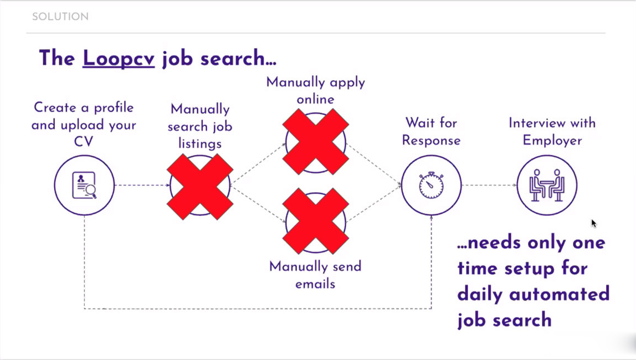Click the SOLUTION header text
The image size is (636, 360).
click(x=60, y=17)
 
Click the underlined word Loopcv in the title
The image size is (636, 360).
click(x=119, y=58)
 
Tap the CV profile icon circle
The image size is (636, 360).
click(x=84, y=185)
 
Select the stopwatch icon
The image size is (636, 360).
click(x=431, y=185)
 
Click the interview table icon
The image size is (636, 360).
click(x=547, y=185)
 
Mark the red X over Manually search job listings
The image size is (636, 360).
click(x=200, y=187)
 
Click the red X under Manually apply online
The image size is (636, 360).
click(x=315, y=142)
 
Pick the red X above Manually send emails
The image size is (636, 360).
click(x=315, y=221)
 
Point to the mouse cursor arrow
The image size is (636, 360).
click(x=593, y=223)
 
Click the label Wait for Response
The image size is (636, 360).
click(x=431, y=132)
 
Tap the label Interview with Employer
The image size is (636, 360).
click(x=552, y=132)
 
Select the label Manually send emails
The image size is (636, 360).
click(x=315, y=275)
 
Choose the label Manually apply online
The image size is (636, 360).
click(x=315, y=91)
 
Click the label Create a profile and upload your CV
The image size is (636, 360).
click(x=83, y=124)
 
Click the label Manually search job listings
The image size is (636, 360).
click(x=200, y=126)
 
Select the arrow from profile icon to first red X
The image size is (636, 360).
click(x=142, y=185)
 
